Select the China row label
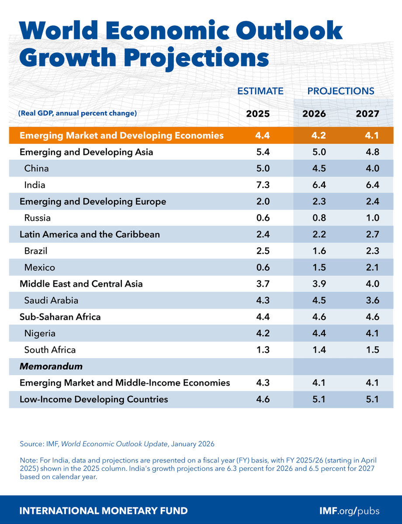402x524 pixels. pos(37,169)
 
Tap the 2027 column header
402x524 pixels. pos(367,114)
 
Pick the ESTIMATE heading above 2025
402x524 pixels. pos(260,91)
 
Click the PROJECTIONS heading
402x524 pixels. pos(341,91)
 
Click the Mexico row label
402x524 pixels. pos(40,268)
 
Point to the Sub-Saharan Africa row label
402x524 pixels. pos(60,317)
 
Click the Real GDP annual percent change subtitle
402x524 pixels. pos(77,114)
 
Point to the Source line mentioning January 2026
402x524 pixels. pos(117,444)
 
